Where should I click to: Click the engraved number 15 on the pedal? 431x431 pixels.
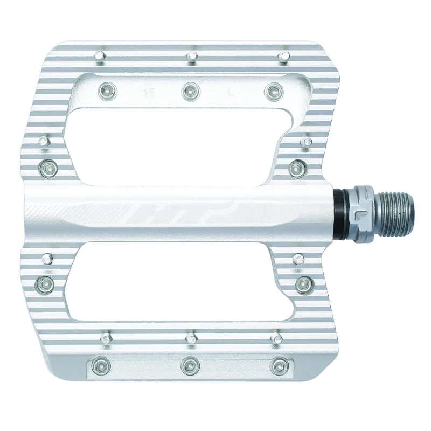click(146, 92)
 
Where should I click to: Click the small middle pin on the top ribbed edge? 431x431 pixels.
click(191, 55)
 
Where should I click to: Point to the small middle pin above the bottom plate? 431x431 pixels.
click(190, 338)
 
